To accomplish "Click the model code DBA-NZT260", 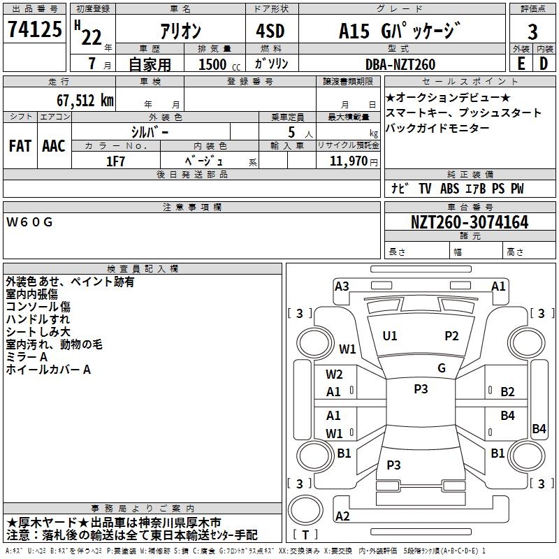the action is tap(400, 64).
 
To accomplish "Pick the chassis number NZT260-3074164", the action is tap(469, 222).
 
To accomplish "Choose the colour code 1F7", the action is tap(115, 161).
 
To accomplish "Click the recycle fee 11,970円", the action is tap(354, 161).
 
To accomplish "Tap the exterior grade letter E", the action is tap(521, 64).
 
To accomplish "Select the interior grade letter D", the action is tap(544, 64).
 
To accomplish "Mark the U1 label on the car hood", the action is tap(390, 336).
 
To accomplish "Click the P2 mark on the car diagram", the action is tap(452, 336).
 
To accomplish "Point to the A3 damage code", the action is tap(342, 286).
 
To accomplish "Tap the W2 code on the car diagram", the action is tap(334, 375).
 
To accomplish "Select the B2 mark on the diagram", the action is tap(507, 392).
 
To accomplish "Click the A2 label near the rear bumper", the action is tap(342, 516).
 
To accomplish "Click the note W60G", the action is tap(29, 223).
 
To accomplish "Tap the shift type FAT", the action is tap(20, 146).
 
